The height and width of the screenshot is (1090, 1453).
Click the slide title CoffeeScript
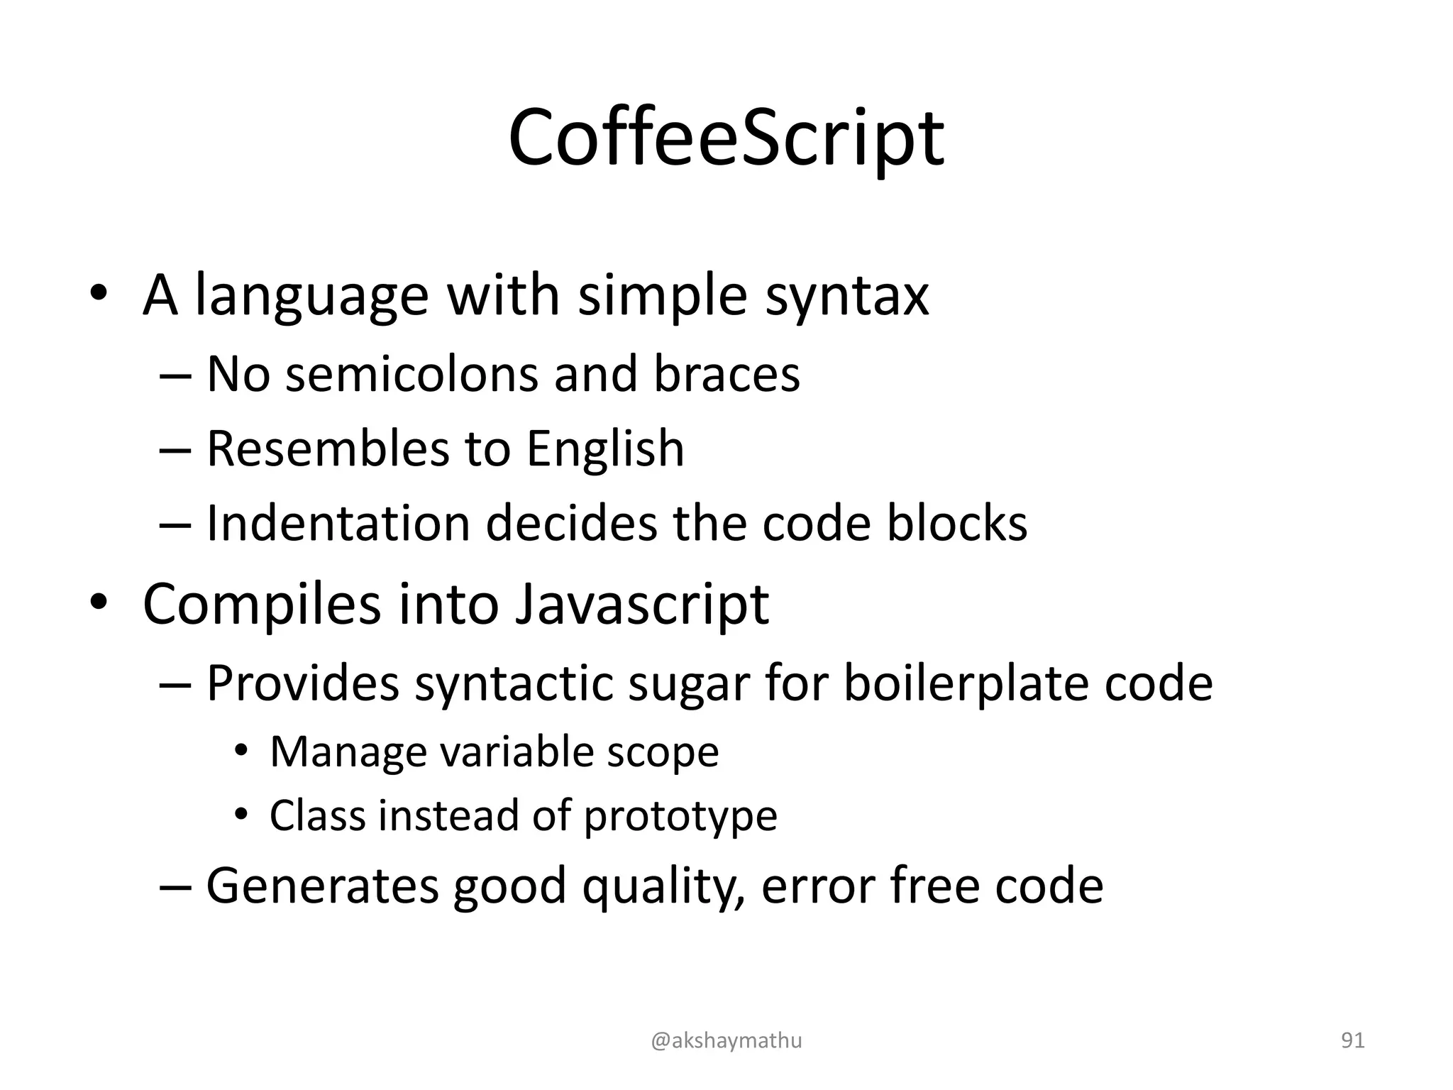click(726, 139)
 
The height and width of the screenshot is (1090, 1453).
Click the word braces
click(726, 374)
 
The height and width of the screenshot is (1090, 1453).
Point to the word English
click(605, 449)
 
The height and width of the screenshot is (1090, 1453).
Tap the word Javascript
click(641, 605)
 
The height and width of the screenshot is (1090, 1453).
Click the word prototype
click(680, 816)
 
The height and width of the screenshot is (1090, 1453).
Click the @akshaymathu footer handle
click(726, 1041)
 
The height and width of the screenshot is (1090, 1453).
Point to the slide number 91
click(1352, 1041)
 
